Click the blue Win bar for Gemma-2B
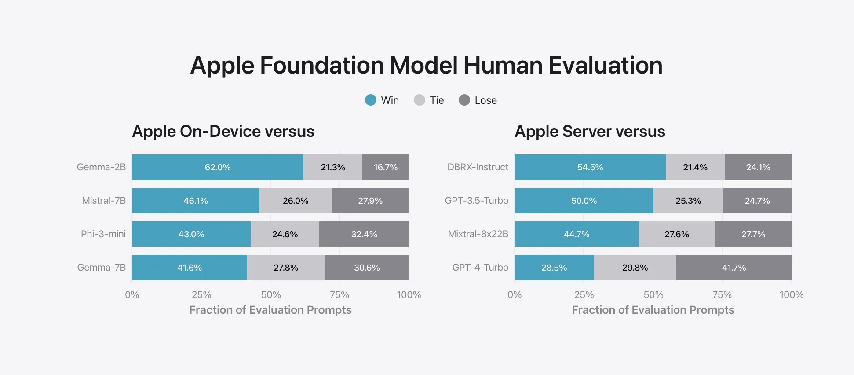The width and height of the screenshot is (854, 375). click(218, 167)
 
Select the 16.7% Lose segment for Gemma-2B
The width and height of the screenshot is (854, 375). click(386, 167)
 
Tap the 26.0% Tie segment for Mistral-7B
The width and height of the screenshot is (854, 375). click(296, 201)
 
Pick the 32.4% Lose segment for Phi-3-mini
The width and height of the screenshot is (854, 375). click(364, 234)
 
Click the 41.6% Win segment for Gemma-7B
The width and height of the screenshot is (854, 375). click(190, 268)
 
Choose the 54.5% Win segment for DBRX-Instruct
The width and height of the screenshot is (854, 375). click(590, 167)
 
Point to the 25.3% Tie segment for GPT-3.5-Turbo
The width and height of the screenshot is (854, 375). click(688, 201)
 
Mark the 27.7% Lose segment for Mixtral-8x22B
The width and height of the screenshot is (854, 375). click(753, 234)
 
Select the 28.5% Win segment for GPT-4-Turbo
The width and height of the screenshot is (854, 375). click(554, 268)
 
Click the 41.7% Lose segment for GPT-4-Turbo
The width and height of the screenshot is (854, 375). click(734, 268)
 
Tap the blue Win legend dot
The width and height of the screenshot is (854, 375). click(371, 100)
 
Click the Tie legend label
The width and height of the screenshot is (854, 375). click(437, 100)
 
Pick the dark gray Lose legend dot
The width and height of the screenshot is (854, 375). click(464, 100)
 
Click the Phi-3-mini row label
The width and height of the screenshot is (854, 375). click(103, 234)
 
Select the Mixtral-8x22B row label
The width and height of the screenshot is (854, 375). click(478, 234)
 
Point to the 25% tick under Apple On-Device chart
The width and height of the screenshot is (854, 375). click(201, 295)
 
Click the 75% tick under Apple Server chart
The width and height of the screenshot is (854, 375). click(722, 295)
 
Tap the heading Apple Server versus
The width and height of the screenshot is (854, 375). click(590, 132)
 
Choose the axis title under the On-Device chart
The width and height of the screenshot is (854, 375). click(270, 310)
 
